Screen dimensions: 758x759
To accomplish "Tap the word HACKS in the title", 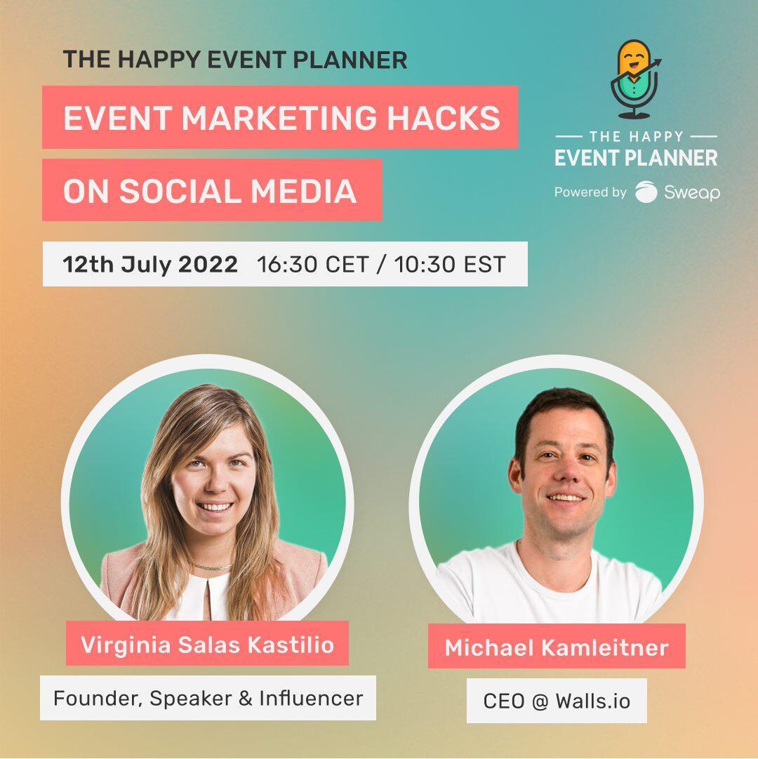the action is (444, 118).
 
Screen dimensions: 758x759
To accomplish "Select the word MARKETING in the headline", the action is (279, 118).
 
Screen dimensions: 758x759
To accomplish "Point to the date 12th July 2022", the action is (150, 264).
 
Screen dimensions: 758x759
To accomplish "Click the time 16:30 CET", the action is (313, 264).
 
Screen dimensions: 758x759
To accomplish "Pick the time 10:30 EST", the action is (450, 264).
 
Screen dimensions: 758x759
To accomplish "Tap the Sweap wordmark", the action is (692, 192).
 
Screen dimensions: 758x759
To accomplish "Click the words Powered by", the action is (590, 192).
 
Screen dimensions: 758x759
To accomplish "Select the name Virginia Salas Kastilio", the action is (208, 645).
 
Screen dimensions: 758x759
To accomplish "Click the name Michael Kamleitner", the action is (557, 647).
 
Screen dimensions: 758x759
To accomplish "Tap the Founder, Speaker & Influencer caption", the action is (208, 698).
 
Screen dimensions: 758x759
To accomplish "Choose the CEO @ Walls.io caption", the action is (557, 701).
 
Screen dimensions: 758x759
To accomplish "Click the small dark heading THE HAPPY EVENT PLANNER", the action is (235, 60).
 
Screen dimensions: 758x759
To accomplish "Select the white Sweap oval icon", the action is (646, 192).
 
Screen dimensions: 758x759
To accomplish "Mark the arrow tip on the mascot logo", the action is (659, 60).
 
